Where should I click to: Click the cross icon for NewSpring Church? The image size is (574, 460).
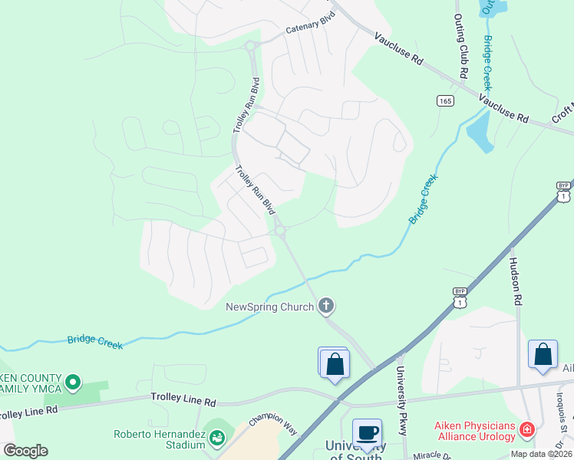[326, 307]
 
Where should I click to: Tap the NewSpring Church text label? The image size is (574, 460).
[269, 307]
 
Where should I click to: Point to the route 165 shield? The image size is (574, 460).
[445, 101]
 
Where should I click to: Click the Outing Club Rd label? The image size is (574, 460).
[460, 47]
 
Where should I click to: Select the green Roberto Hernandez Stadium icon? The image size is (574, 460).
[217, 438]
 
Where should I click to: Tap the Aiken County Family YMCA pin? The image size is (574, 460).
[73, 381]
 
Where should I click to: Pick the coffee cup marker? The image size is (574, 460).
[367, 432]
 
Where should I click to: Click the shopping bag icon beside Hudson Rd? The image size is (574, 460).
[543, 355]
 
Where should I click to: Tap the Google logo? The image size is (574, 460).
[25, 450]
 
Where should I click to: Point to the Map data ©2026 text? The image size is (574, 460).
[541, 454]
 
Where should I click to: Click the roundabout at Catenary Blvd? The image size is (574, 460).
[250, 47]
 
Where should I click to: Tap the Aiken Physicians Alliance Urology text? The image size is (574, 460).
[463, 431]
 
